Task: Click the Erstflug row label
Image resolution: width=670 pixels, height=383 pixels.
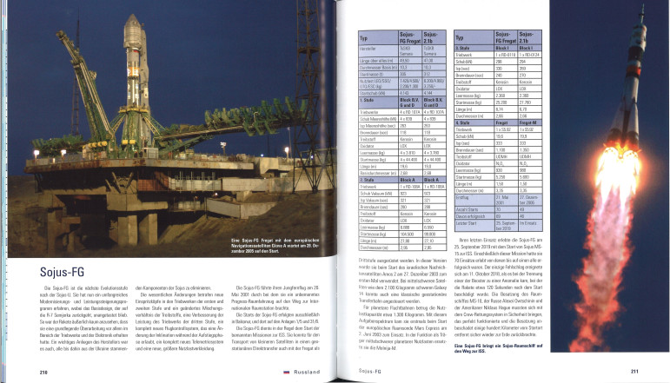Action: point(467,196)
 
